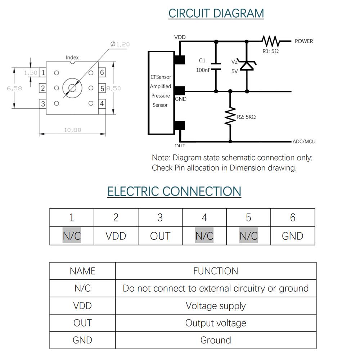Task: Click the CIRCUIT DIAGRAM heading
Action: (216, 13)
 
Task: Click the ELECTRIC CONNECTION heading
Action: (174, 191)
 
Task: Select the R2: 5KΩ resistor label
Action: (246, 117)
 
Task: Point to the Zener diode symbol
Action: (247, 66)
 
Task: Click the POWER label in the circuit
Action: (304, 41)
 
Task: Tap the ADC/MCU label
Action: (304, 141)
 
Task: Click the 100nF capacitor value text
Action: (203, 70)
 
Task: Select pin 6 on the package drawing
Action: (102, 72)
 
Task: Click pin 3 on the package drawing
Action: (43, 104)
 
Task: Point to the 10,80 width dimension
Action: (73, 130)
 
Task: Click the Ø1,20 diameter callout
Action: (120, 44)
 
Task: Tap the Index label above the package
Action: (72, 58)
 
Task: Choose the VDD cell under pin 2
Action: (116, 236)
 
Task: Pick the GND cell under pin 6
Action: (293, 236)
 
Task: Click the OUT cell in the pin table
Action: (160, 236)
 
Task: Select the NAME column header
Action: (82, 271)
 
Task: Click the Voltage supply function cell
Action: (216, 306)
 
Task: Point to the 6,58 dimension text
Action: (14, 88)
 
